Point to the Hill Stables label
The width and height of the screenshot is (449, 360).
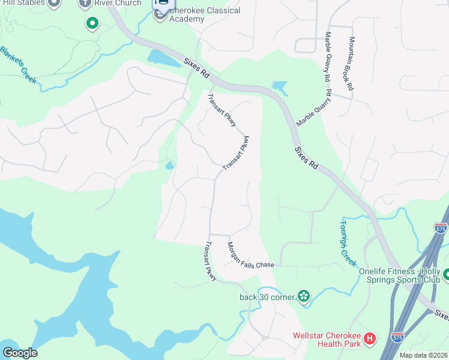click(x=22, y=3)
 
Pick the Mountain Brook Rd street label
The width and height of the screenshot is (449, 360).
click(x=350, y=64)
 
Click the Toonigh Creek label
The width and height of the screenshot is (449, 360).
click(x=348, y=242)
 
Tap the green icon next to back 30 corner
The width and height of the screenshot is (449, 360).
click(x=304, y=296)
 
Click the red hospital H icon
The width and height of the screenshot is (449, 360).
click(x=370, y=339)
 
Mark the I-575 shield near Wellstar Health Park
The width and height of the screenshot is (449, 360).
click(x=397, y=338)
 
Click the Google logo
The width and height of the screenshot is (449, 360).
click(x=20, y=353)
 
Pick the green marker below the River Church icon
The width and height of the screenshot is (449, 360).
click(x=92, y=24)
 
